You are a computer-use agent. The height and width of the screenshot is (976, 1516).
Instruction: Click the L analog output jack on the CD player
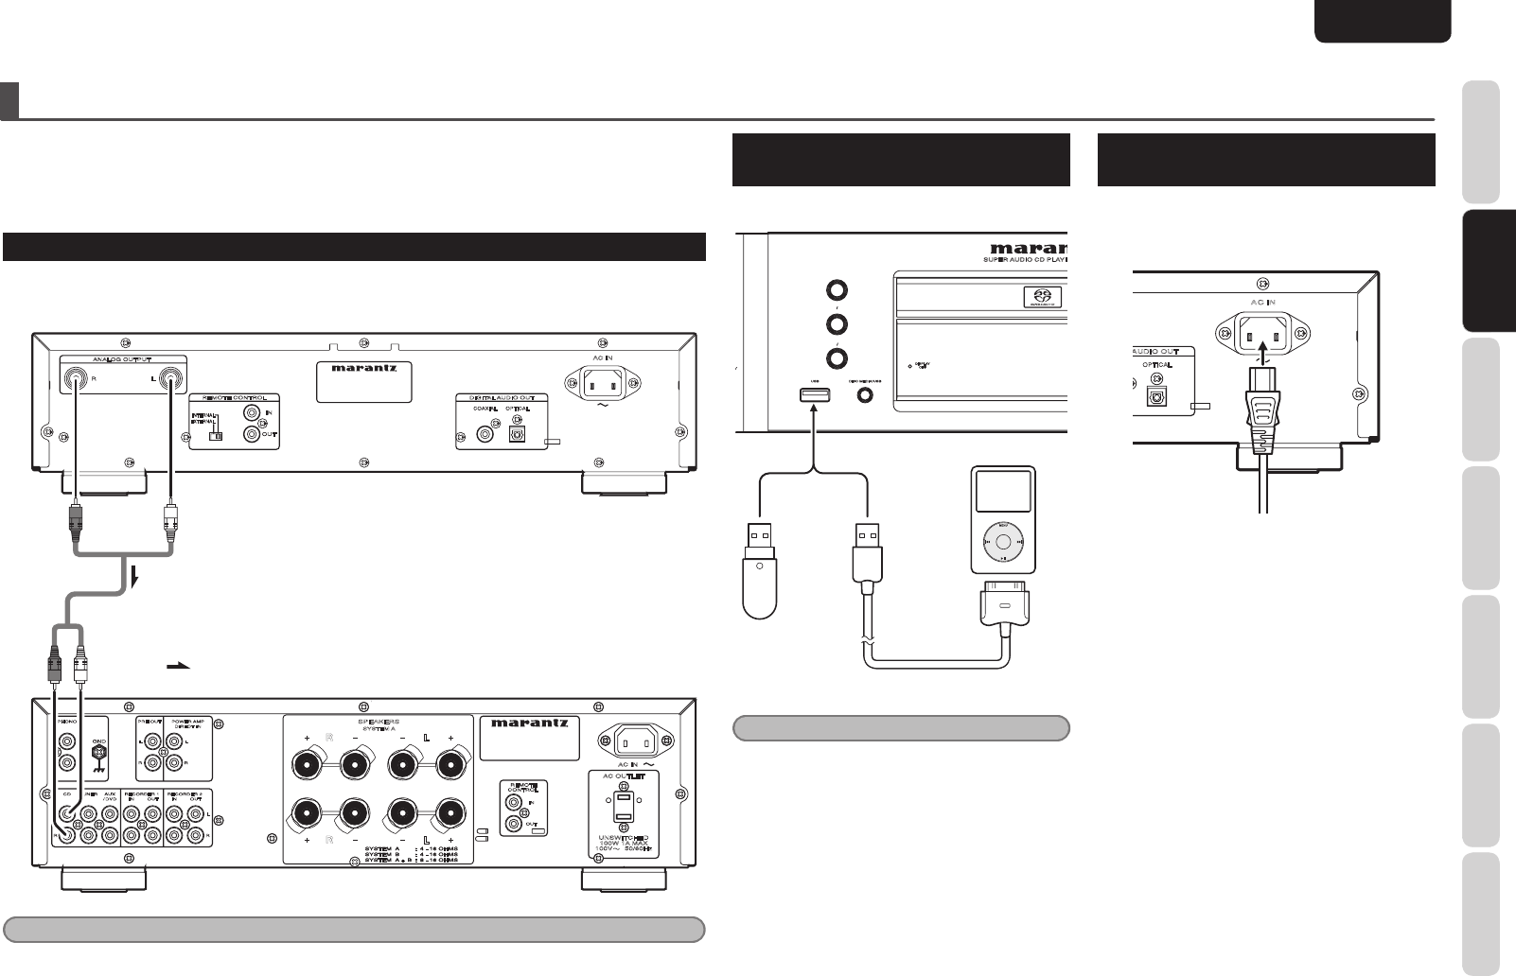pyautogui.click(x=171, y=379)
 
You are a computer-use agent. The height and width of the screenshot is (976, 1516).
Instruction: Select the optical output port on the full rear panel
pyautogui.click(x=517, y=434)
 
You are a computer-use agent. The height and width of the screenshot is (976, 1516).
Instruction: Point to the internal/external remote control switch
pyautogui.click(x=216, y=431)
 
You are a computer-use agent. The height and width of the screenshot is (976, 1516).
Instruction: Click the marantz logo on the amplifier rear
pyautogui.click(x=530, y=723)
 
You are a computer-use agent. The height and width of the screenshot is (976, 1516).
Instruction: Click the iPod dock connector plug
pyautogui.click(x=1004, y=604)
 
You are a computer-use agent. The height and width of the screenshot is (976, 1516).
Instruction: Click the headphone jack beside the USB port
pyautogui.click(x=864, y=395)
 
